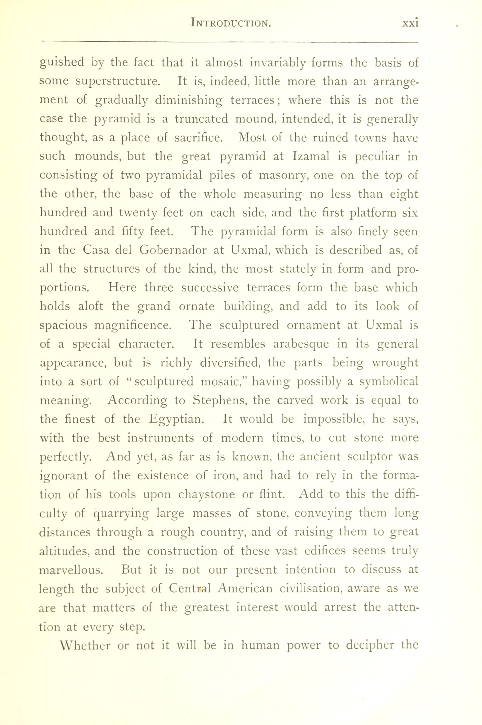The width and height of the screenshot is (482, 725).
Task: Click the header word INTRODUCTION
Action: [x=230, y=23]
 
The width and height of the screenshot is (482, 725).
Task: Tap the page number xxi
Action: [x=410, y=23]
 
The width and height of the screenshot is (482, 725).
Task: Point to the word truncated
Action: [x=201, y=119]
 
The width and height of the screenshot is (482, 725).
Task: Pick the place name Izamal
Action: [x=311, y=156]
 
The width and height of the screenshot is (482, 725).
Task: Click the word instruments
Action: [x=160, y=438]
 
